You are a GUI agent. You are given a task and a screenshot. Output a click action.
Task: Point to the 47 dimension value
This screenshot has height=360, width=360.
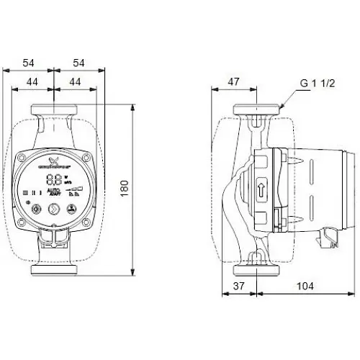pyautogui.click(x=234, y=81)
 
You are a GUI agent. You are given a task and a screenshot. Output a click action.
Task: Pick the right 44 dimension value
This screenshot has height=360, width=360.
pyautogui.click(x=74, y=83)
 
